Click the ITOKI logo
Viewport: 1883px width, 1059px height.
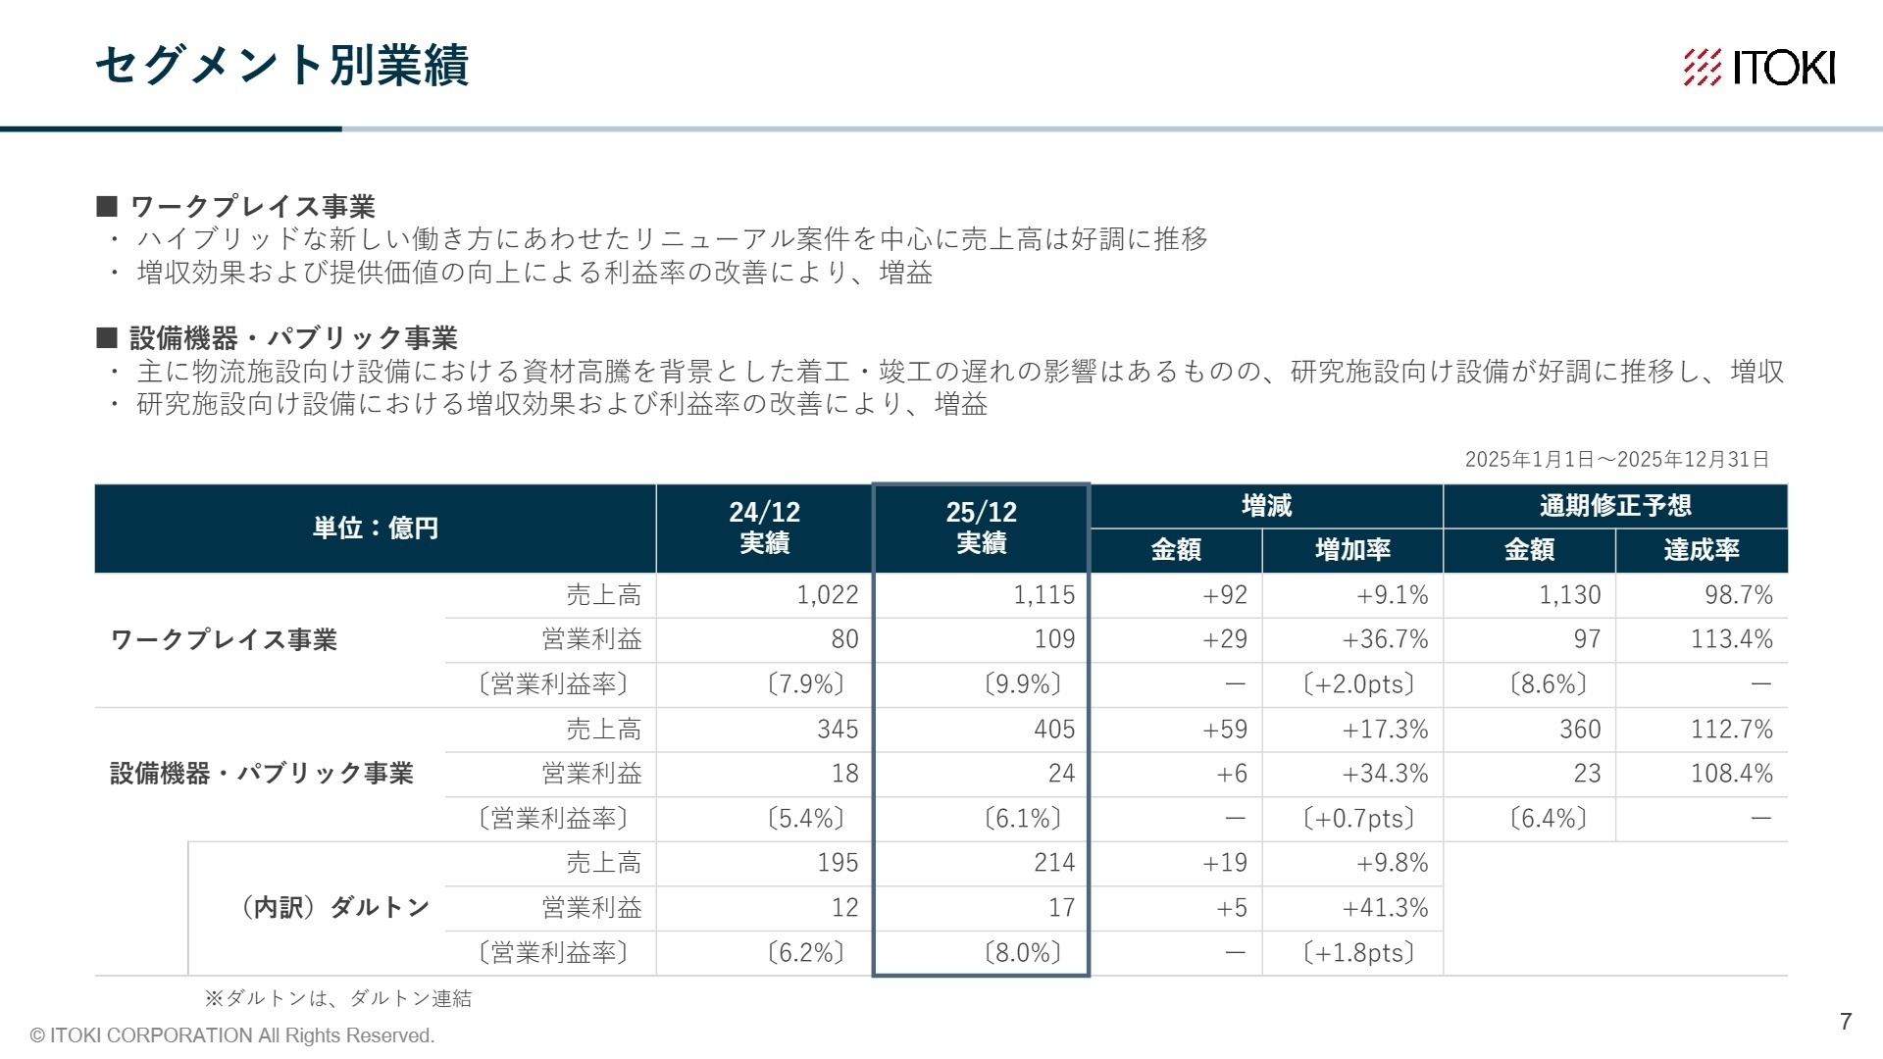coord(1758,68)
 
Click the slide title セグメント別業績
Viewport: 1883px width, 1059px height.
coord(282,66)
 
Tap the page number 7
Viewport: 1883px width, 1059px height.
coord(1846,1022)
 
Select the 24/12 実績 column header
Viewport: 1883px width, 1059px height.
coord(764,528)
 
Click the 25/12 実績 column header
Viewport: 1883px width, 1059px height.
coord(981,528)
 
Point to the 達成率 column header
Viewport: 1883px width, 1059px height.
coord(1701,550)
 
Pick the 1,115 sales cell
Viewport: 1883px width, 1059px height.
coord(1043,595)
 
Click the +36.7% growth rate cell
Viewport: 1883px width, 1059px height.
coord(1385,639)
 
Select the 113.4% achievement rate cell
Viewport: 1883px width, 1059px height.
coord(1731,639)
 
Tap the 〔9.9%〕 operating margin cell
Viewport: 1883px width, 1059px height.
coord(1022,683)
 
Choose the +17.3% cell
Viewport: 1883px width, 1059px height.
coord(1385,730)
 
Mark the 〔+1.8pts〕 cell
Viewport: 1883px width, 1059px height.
coord(1358,953)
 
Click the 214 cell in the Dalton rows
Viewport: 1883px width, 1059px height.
coord(1053,863)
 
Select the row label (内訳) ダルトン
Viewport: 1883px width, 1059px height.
coord(334,907)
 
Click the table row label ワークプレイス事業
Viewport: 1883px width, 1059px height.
coord(224,639)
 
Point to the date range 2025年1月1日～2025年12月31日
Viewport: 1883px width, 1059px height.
coord(1616,460)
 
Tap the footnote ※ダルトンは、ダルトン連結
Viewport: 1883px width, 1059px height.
coord(338,998)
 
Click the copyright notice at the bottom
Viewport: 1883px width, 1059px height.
coord(232,1035)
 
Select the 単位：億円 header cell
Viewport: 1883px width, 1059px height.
coord(375,529)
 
